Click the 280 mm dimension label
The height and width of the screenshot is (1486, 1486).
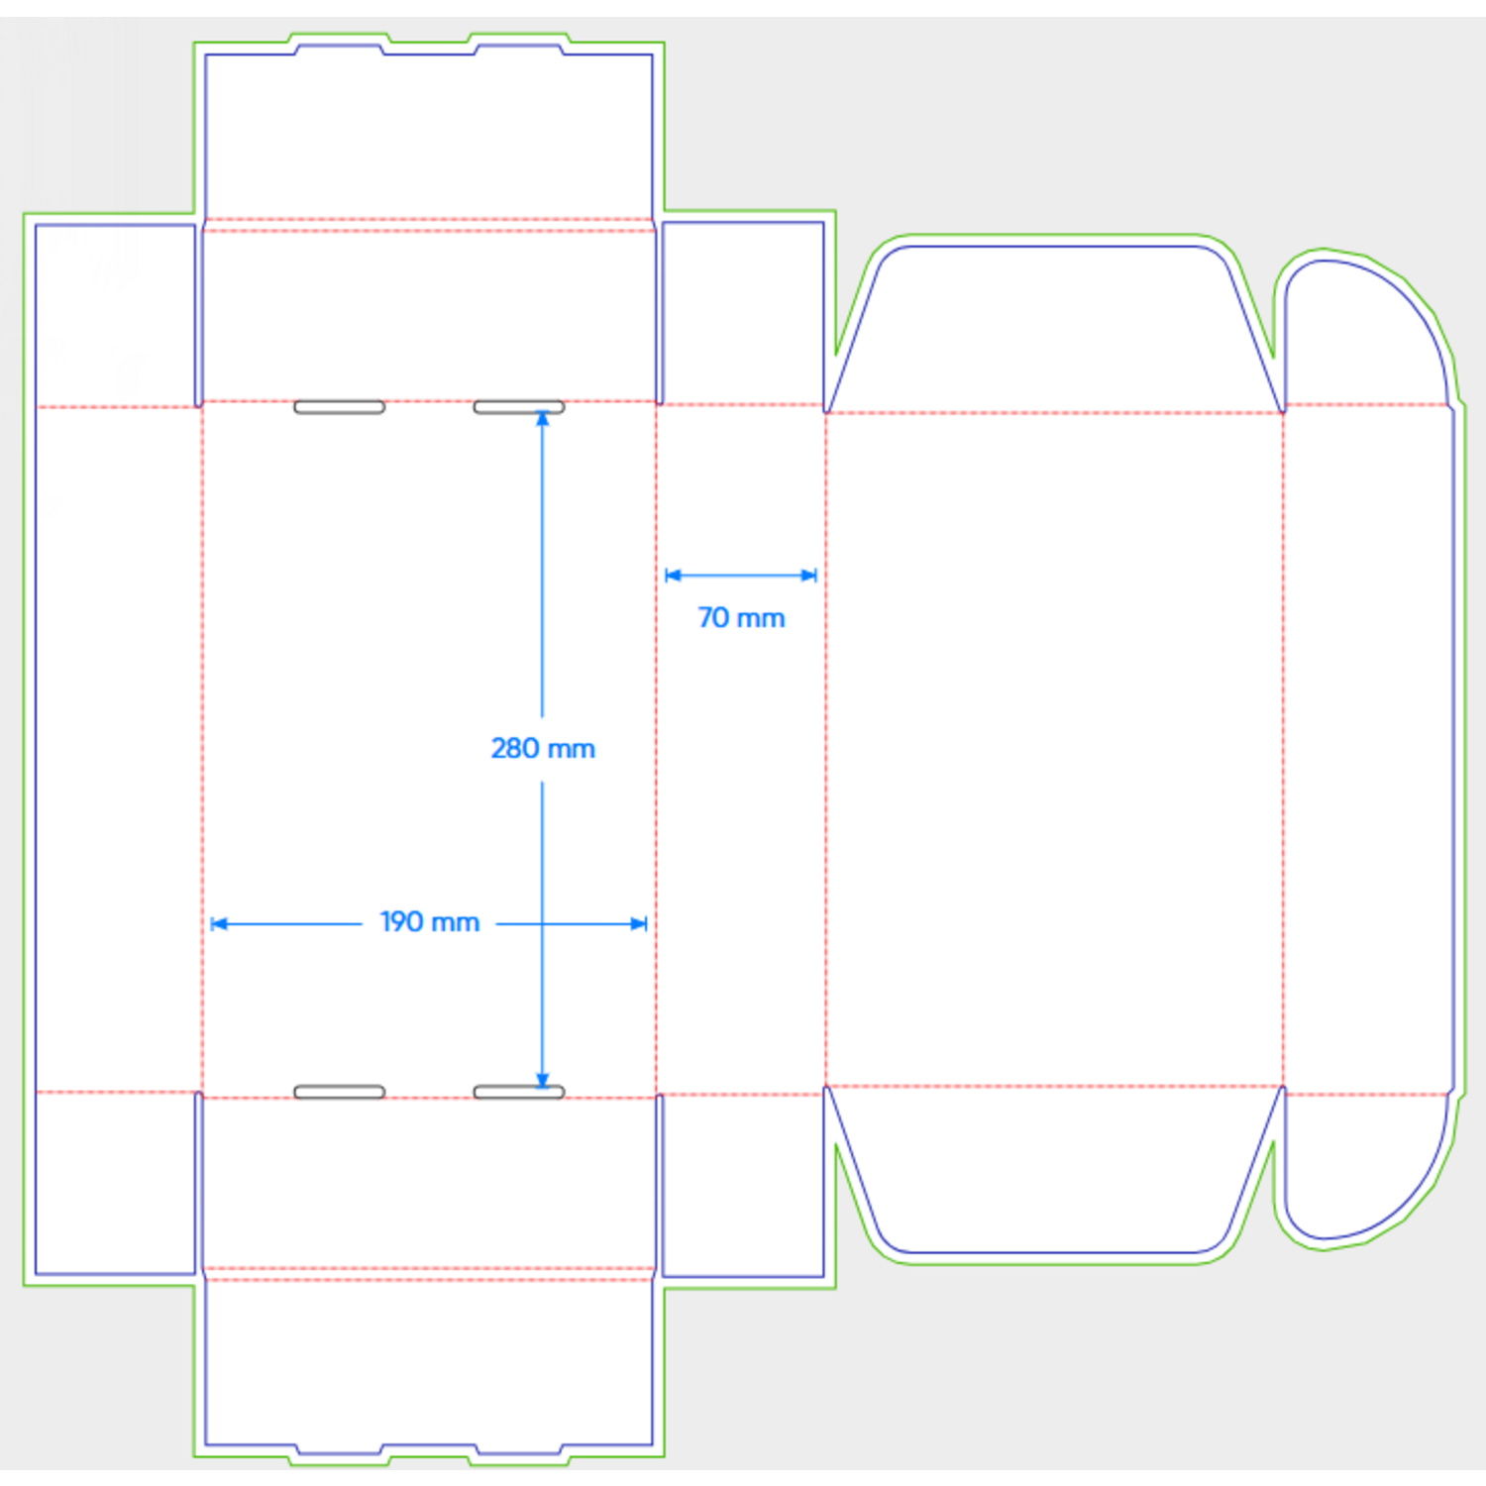(x=543, y=748)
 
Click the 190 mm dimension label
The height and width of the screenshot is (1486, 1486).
(x=430, y=922)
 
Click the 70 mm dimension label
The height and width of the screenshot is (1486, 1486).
(x=741, y=618)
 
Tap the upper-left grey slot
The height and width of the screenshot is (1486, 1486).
(x=339, y=407)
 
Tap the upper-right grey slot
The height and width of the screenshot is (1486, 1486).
(x=519, y=407)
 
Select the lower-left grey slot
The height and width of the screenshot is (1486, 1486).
(x=339, y=1092)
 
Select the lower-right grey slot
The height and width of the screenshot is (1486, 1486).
(x=519, y=1092)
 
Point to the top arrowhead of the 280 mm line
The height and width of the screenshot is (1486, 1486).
(x=542, y=418)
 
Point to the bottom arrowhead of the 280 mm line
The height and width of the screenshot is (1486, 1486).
(x=542, y=1081)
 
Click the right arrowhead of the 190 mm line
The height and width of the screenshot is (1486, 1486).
(x=639, y=923)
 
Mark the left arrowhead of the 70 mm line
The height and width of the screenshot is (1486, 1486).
(x=674, y=575)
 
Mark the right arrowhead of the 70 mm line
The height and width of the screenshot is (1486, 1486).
(x=809, y=575)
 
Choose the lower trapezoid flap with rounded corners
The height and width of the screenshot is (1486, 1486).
(x=1054, y=1169)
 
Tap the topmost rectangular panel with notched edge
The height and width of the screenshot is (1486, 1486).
(x=428, y=134)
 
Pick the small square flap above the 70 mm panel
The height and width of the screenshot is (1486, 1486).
(x=742, y=313)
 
